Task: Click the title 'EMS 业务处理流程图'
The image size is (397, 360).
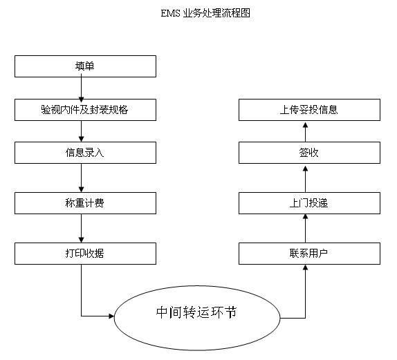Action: [205, 13]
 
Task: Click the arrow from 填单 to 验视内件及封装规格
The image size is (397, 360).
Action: [82, 88]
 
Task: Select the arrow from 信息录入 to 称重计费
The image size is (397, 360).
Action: [82, 178]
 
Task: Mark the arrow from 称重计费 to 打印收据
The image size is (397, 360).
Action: [82, 228]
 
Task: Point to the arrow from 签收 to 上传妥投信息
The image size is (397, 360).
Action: [305, 132]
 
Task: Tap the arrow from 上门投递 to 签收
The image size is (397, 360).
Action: [305, 179]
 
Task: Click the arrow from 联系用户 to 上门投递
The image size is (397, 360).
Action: [305, 228]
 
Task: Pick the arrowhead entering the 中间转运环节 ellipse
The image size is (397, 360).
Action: [111, 316]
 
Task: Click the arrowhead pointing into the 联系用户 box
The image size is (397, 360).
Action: [305, 267]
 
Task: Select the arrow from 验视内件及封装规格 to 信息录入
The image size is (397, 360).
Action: [82, 131]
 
